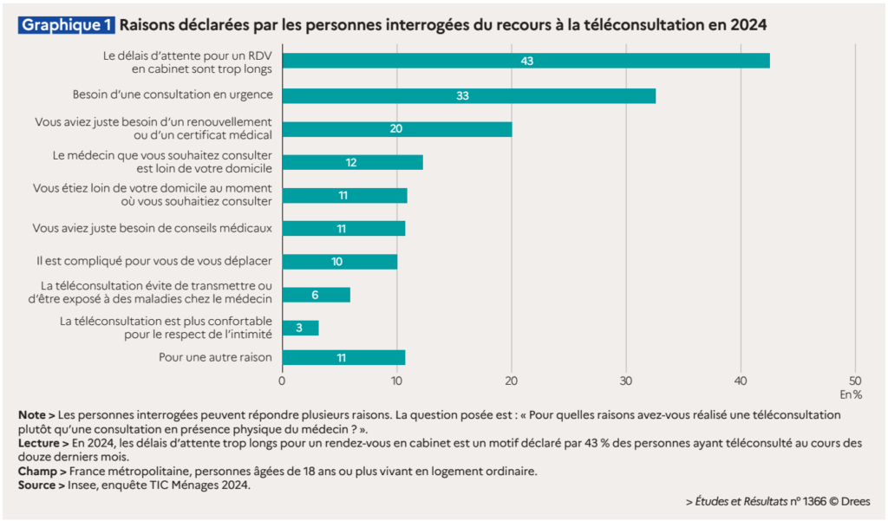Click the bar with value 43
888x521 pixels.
pos(526,61)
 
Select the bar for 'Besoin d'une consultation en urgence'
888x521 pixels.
pos(468,95)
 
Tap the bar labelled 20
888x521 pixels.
pos(396,129)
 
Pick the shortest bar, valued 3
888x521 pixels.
pos(300,328)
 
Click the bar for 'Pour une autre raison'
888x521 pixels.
pos(343,357)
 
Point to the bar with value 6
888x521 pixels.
pos(316,295)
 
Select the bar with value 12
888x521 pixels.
pos(352,162)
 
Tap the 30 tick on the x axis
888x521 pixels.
pos(626,379)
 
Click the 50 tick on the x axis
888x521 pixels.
pos(855,379)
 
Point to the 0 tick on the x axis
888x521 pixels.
pos(283,379)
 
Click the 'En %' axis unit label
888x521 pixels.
pos(852,394)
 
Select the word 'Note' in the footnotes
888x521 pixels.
pos(32,415)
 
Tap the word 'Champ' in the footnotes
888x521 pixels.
pos(36,471)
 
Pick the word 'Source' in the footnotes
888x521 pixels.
pos(37,485)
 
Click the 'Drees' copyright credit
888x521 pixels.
pos(854,501)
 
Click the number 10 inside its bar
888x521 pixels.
pos(337,262)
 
